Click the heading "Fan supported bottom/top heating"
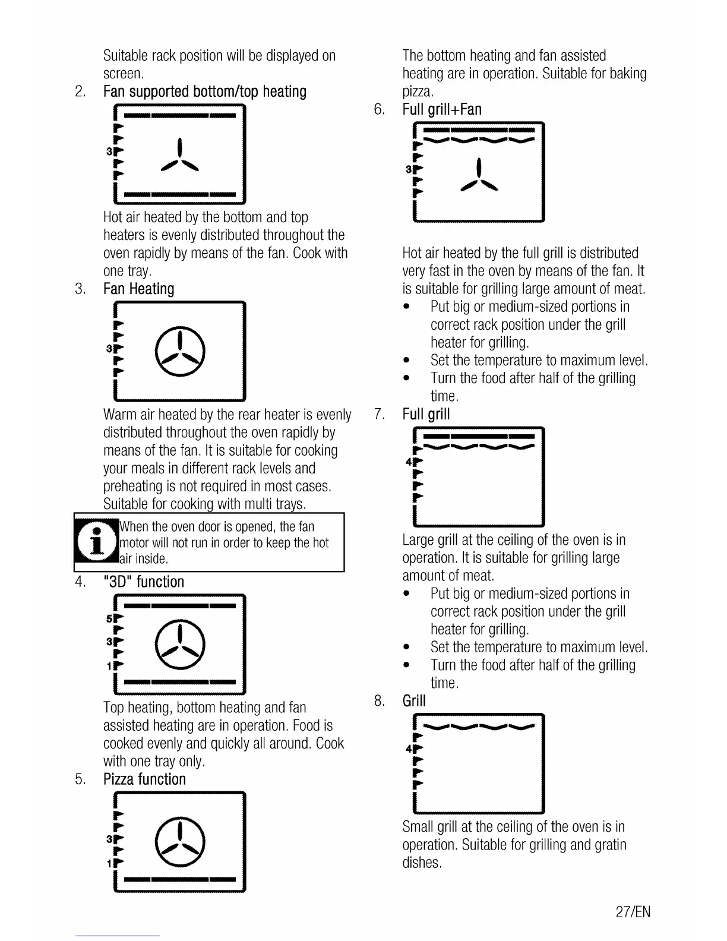point(205,92)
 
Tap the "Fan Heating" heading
point(138,289)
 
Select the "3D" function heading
point(144,582)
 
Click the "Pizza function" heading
point(144,779)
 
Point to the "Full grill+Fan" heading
point(442,110)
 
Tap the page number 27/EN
point(633,912)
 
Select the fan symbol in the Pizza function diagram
point(180,843)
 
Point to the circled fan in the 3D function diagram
point(180,645)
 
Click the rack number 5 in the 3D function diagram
point(109,619)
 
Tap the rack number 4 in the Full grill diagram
point(409,462)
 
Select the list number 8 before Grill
point(380,702)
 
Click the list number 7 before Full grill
point(380,415)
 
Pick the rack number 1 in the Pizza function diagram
point(109,864)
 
